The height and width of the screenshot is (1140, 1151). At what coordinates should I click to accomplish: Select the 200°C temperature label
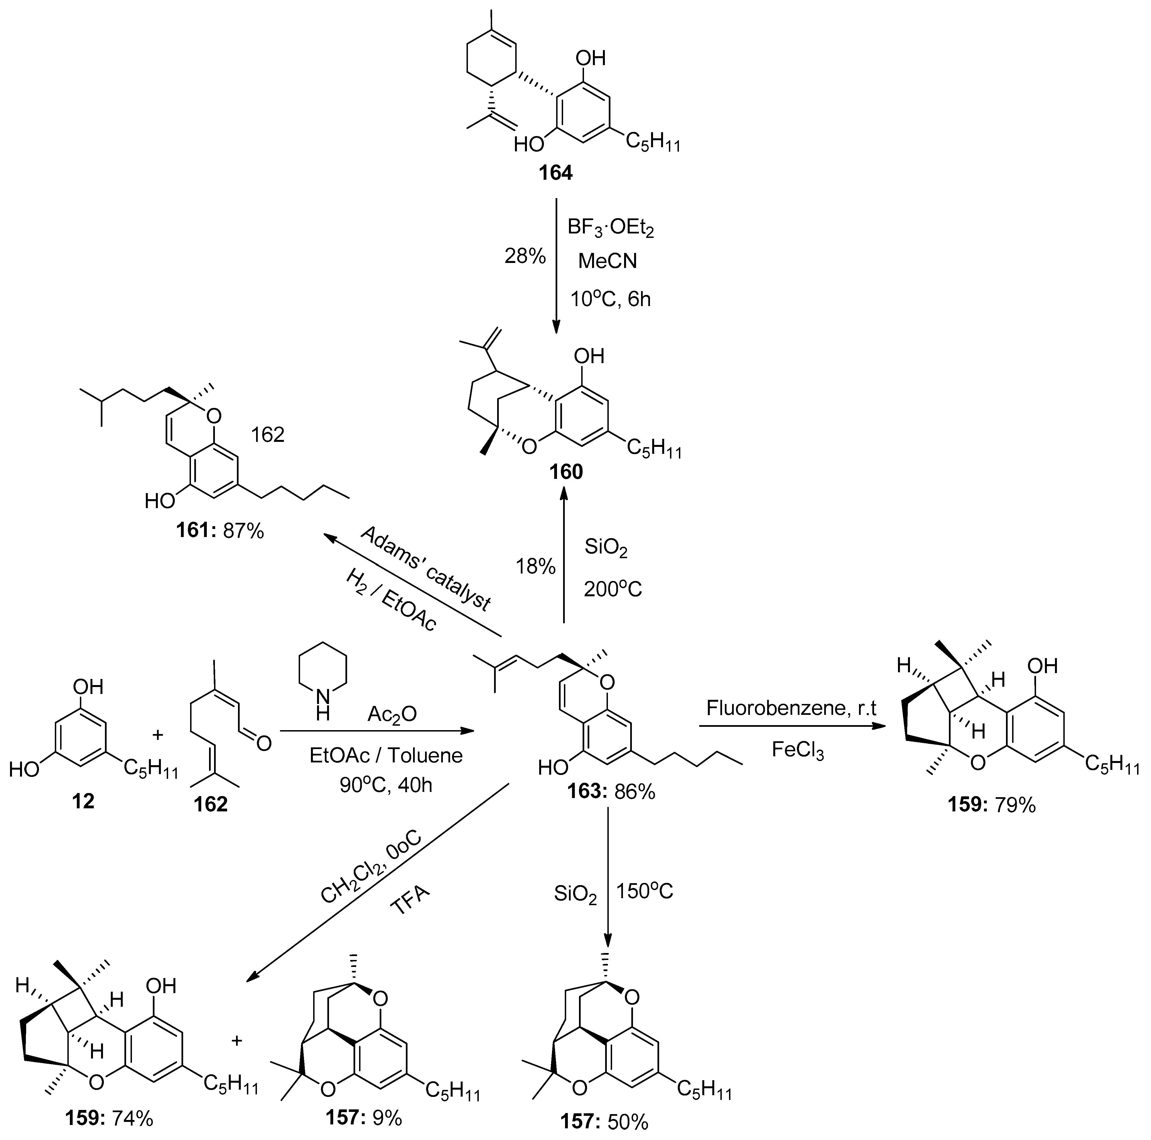[612, 589]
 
